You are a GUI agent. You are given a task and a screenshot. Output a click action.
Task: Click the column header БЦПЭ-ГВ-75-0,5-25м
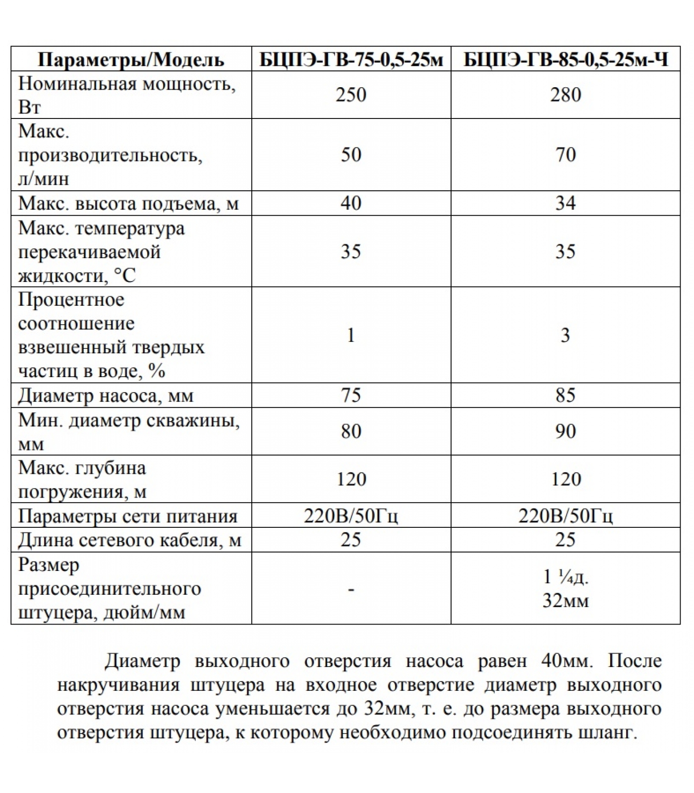pos(351,60)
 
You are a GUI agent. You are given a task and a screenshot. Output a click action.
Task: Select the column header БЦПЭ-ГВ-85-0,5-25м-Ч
pos(566,60)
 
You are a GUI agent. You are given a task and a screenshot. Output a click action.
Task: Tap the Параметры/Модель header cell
pos(131,60)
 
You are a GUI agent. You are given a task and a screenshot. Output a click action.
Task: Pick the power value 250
pos(351,95)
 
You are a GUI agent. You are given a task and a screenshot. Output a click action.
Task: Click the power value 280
pos(566,95)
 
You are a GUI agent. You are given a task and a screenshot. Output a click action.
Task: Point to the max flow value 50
pos(351,155)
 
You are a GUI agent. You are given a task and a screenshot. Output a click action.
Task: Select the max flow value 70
pos(566,155)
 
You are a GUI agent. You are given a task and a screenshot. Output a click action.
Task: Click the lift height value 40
pos(351,203)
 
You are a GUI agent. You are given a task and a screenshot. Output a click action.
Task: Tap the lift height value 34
pos(566,203)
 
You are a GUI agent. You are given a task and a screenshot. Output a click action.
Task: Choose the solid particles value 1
pos(351,336)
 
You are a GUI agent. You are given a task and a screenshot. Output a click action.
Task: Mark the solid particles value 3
pos(566,336)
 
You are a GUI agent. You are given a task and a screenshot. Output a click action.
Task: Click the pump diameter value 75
pos(351,396)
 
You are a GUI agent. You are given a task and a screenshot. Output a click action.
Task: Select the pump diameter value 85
pos(566,396)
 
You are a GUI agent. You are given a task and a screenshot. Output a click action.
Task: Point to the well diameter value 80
pos(351,431)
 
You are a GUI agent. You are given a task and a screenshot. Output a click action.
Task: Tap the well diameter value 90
pos(566,431)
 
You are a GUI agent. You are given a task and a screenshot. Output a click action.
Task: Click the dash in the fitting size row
pos(351,589)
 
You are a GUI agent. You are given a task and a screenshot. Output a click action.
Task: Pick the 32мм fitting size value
pos(566,601)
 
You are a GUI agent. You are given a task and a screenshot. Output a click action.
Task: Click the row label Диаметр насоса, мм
pos(106,396)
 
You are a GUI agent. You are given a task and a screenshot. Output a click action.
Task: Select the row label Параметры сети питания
pos(128,516)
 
